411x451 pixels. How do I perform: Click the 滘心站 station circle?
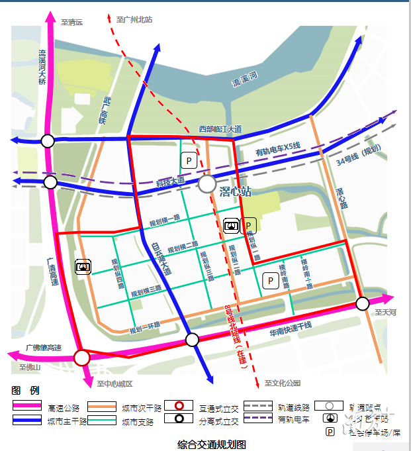207,184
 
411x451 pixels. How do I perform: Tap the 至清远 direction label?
71,22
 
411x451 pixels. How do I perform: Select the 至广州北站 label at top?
134,20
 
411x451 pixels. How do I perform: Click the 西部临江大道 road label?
220,128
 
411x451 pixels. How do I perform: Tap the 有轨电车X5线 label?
278,150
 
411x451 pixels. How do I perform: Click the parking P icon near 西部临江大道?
189,160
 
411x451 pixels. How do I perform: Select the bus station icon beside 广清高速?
83,266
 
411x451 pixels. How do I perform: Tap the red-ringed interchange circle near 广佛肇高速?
81,358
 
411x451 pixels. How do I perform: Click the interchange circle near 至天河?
362,303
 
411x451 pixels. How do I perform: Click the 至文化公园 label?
283,383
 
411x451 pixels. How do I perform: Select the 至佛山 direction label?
30,368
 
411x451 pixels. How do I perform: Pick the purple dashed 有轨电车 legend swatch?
258,419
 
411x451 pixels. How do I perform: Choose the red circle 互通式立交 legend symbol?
179,406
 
